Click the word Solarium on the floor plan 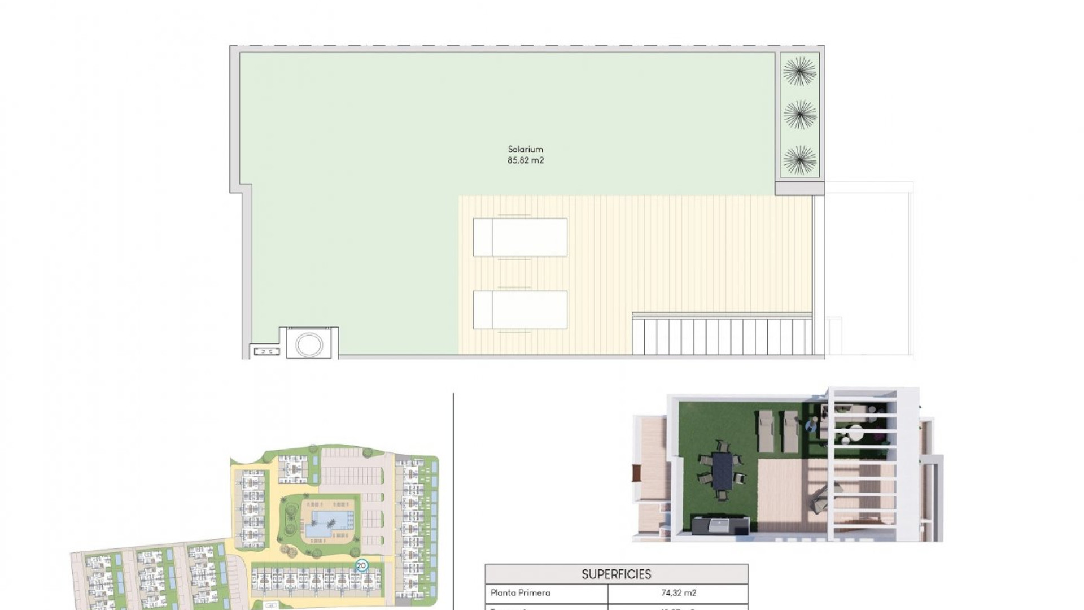point(525,149)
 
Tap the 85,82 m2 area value point(525,160)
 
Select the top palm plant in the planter point(799,72)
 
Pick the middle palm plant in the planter point(799,115)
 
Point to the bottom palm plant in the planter point(799,160)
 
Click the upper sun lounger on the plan point(520,237)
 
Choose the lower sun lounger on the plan point(520,310)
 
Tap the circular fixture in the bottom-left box point(309,345)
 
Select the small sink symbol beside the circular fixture point(266,351)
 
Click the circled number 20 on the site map point(361,565)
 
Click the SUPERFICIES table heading point(616,574)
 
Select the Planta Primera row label point(520,593)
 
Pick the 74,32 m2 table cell point(678,593)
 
